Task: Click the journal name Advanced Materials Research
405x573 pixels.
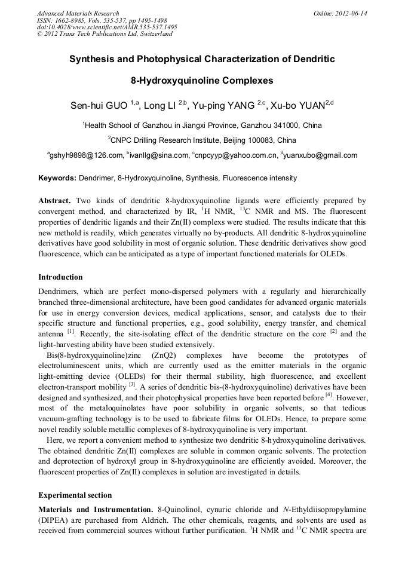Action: click(x=78, y=13)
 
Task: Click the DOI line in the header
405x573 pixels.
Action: click(x=107, y=27)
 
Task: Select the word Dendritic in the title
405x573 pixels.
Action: click(x=308, y=59)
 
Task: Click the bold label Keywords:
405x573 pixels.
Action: click(x=57, y=178)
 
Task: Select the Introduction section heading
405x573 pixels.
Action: click(x=60, y=277)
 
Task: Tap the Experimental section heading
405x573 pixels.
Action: click(x=75, y=495)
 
